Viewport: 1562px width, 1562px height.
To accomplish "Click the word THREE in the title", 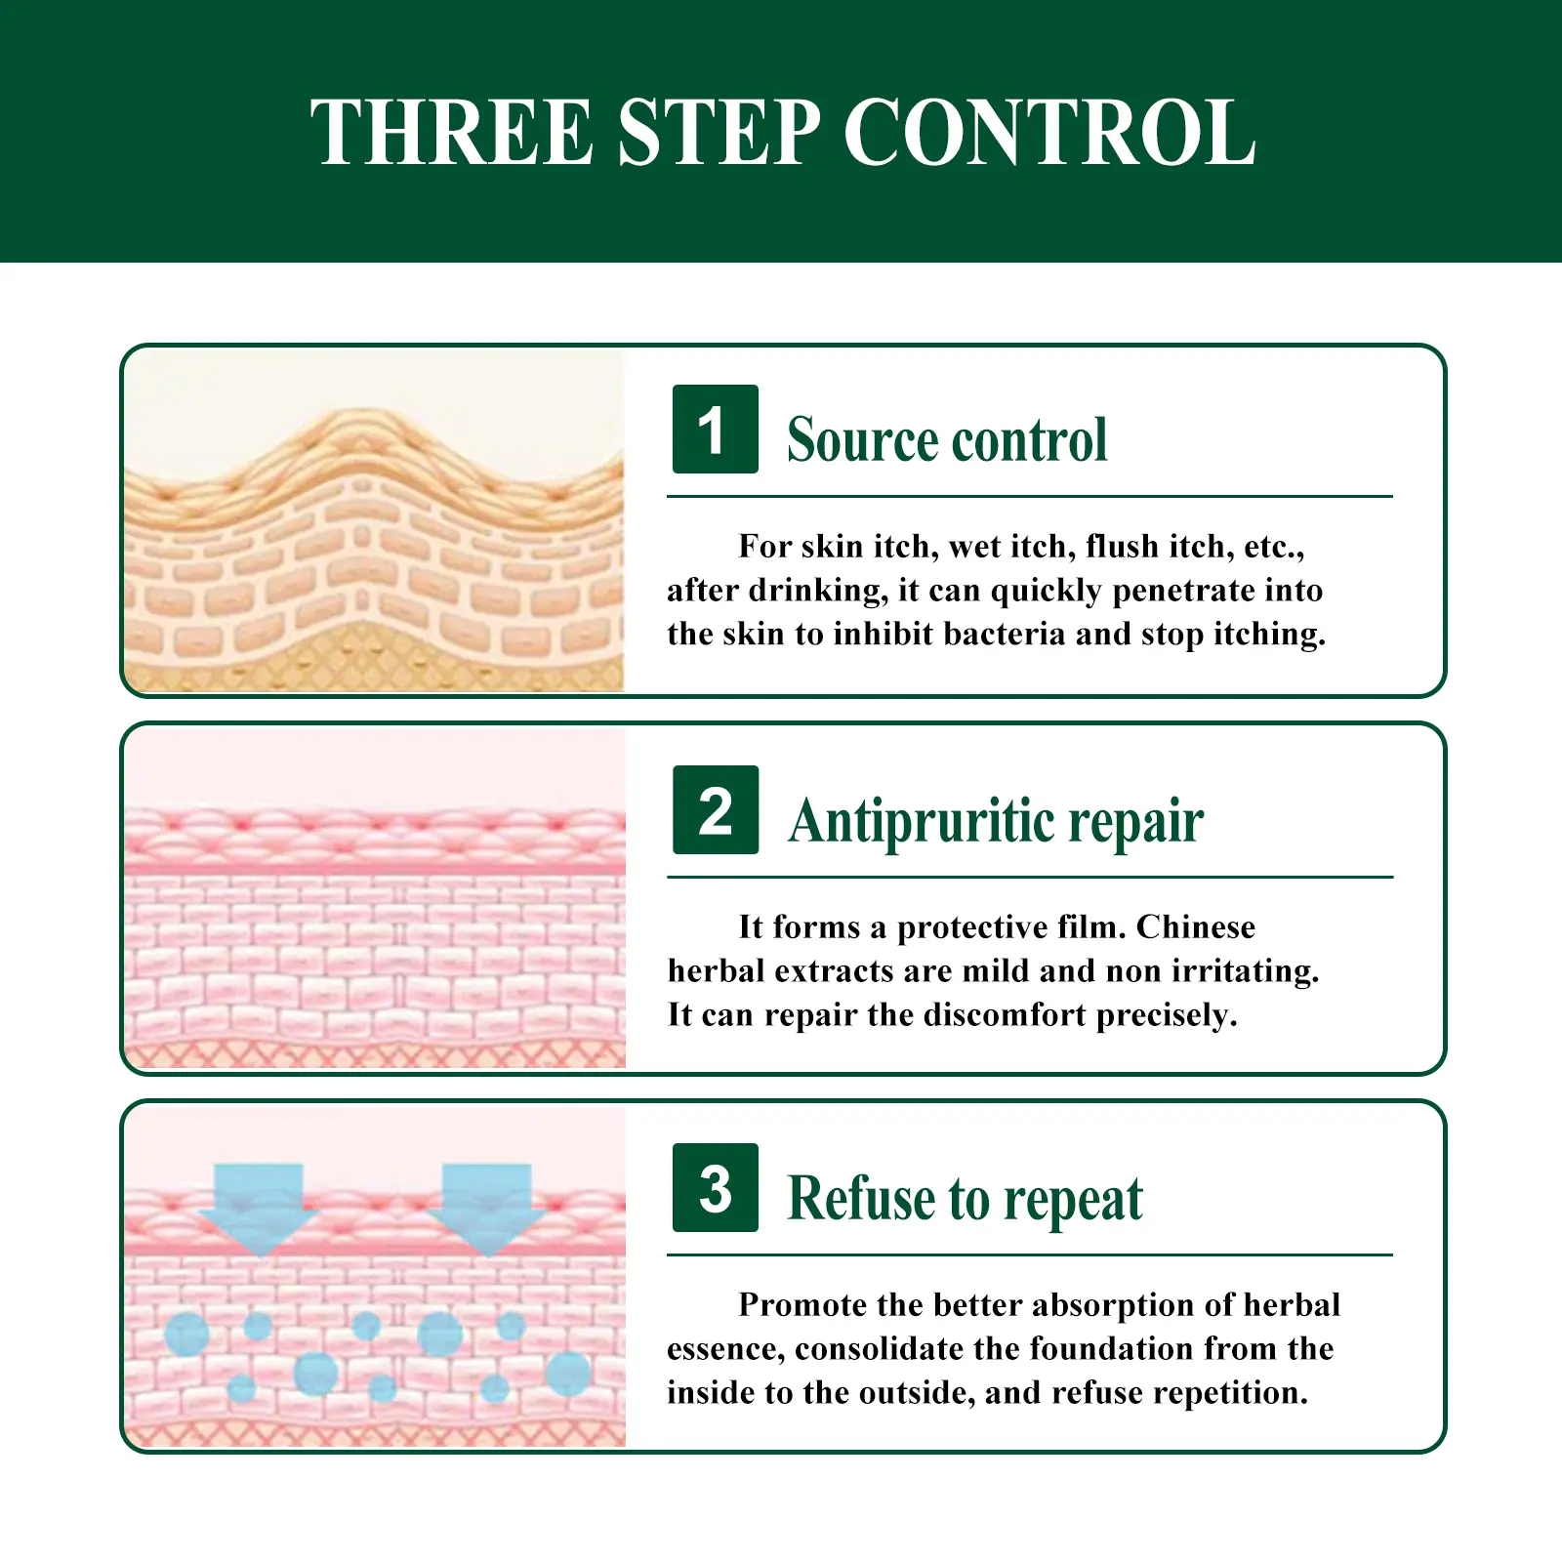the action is click(x=452, y=132).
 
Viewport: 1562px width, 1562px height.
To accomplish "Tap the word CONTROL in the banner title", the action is click(x=1049, y=132).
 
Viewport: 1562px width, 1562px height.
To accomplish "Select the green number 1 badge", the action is click(x=715, y=430).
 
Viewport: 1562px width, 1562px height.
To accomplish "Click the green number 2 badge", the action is click(x=715, y=810).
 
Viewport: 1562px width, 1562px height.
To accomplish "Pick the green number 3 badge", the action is click(x=715, y=1187).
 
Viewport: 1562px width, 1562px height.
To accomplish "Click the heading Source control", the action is click(x=947, y=439).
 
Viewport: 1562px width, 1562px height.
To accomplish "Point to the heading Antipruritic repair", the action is click(x=996, y=821).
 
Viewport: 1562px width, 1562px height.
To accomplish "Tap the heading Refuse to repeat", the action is click(x=965, y=1199).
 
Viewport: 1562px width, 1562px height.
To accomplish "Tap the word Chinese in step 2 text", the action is click(x=1195, y=926).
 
